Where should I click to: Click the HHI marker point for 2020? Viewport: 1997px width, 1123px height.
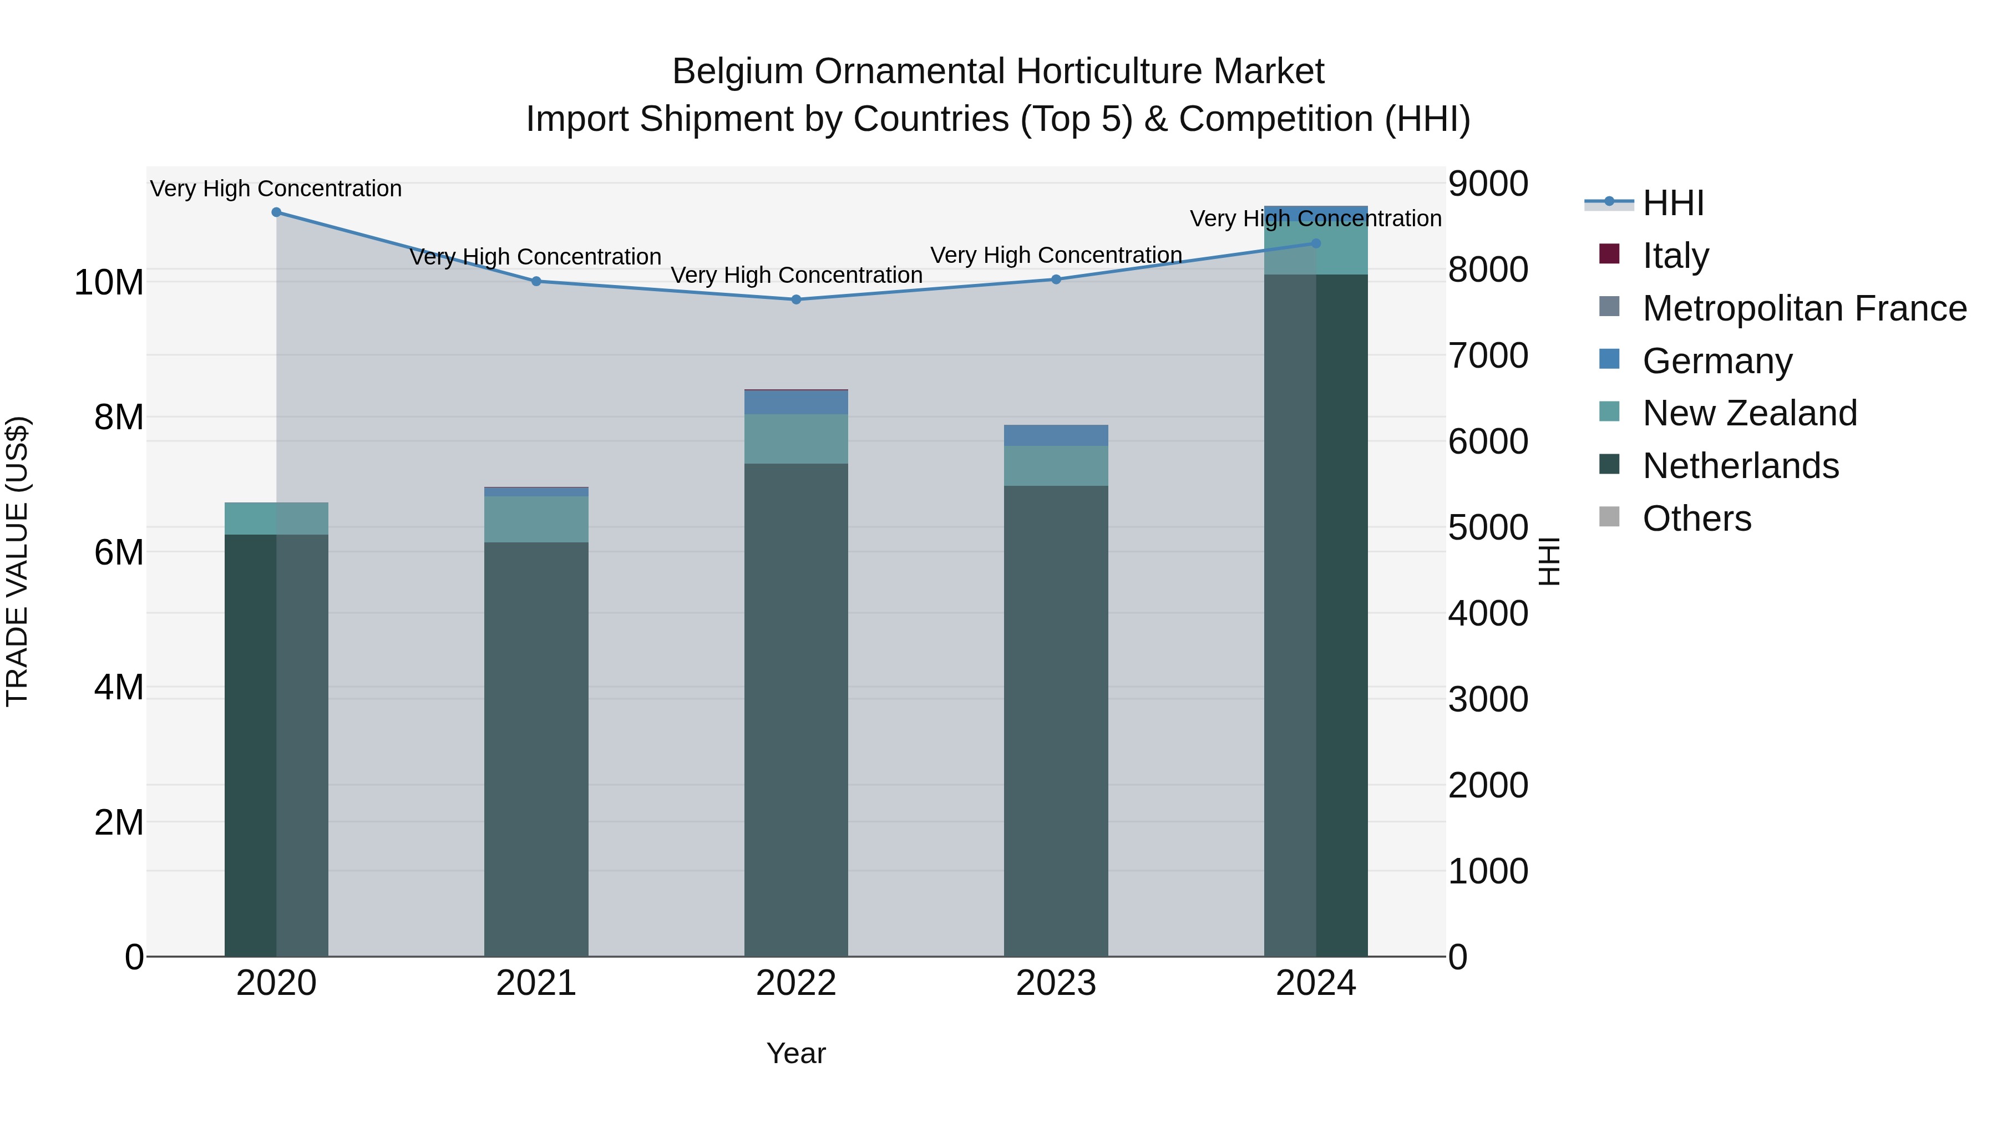(276, 212)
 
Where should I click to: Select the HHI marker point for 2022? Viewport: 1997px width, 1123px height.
(796, 299)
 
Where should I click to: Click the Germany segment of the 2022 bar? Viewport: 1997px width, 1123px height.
(796, 402)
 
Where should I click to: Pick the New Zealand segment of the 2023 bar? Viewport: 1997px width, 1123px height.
(1056, 466)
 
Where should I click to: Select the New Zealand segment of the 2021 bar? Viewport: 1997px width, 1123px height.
(536, 519)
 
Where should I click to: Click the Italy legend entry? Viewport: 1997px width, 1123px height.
(1675, 255)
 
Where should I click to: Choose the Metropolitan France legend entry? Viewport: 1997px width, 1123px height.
(1804, 308)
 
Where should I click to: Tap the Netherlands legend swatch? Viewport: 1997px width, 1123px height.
(1609, 465)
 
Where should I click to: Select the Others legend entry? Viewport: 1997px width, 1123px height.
(1696, 518)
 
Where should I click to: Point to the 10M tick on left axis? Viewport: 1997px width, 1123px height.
(109, 282)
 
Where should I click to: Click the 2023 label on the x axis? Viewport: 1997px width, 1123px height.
(1056, 983)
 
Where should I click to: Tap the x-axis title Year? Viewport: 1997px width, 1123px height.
(796, 1053)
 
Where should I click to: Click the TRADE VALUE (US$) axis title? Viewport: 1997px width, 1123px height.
(17, 561)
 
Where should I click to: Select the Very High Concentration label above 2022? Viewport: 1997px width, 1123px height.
(796, 275)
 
